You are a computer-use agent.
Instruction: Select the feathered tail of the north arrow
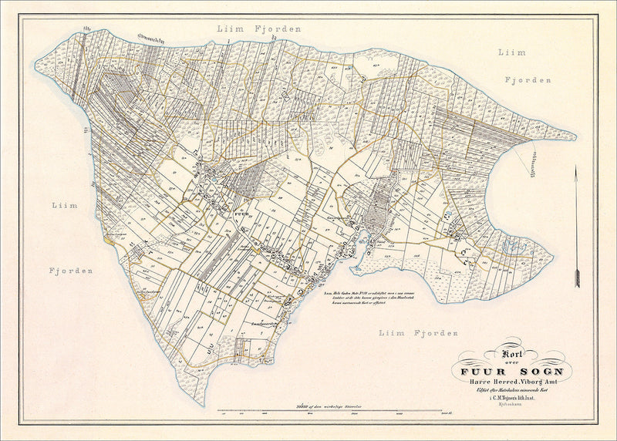(x=577, y=278)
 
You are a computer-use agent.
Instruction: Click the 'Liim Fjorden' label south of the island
(x=418, y=332)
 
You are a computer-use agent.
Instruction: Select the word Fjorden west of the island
(x=72, y=271)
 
